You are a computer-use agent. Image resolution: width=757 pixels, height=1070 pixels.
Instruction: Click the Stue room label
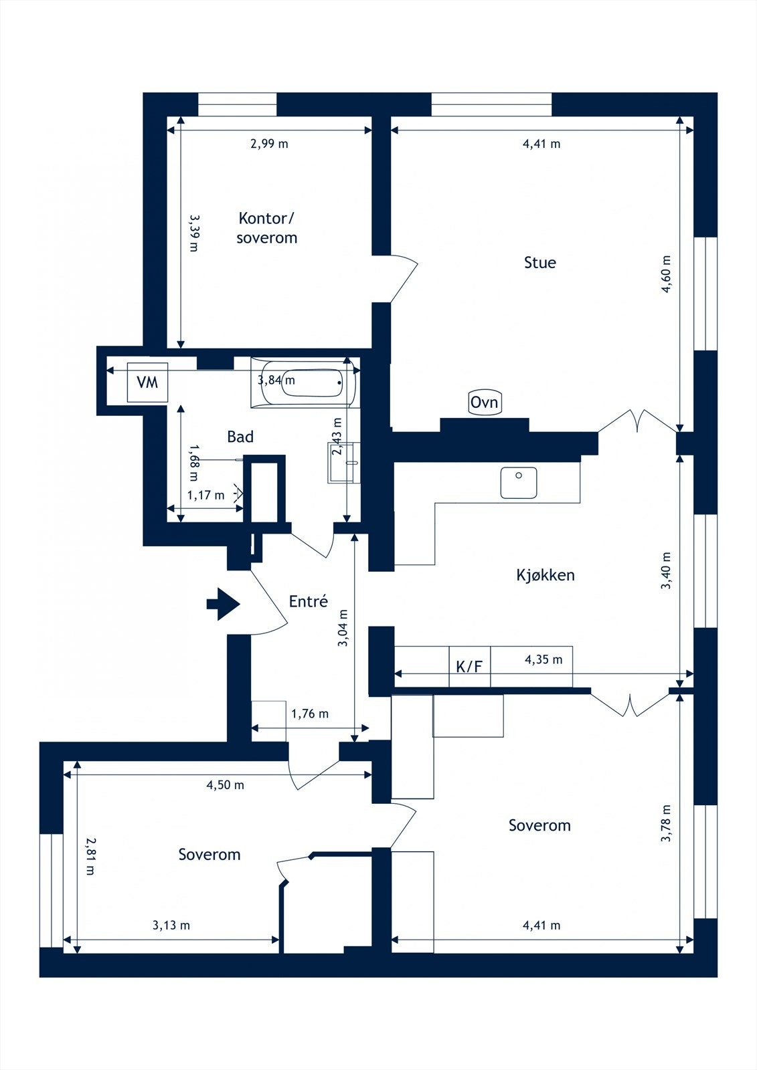(x=540, y=263)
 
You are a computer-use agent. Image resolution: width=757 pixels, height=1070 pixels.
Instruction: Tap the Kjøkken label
(x=545, y=575)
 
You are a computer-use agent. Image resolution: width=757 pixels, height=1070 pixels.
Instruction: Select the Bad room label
(x=240, y=437)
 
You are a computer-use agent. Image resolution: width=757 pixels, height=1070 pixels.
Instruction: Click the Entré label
(x=309, y=601)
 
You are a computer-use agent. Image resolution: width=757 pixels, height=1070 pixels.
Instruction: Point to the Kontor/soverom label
(x=267, y=228)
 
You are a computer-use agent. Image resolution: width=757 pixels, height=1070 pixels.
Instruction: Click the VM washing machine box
(x=147, y=382)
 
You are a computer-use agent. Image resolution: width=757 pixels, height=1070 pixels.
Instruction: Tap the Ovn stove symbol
(x=485, y=402)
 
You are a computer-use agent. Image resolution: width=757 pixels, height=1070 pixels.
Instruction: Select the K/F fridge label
(x=470, y=667)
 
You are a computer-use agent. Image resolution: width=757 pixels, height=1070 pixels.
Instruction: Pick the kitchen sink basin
(x=518, y=483)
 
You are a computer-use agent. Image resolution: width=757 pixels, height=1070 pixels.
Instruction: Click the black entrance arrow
(x=223, y=605)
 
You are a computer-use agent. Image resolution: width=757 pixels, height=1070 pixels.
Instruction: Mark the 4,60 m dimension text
(x=666, y=274)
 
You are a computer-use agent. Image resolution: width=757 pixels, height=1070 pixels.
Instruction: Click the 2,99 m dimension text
(x=269, y=144)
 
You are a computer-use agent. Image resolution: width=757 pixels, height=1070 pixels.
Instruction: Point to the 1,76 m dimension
(x=310, y=714)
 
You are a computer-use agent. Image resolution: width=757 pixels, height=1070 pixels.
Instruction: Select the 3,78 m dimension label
(x=666, y=823)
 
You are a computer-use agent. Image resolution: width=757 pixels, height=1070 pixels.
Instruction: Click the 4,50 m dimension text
(x=226, y=785)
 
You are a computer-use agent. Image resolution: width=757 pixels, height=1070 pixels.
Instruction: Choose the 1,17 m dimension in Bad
(x=205, y=496)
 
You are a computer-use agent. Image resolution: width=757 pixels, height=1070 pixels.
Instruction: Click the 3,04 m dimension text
(x=343, y=628)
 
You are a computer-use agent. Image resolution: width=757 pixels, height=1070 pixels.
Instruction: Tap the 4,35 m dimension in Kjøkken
(x=543, y=659)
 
